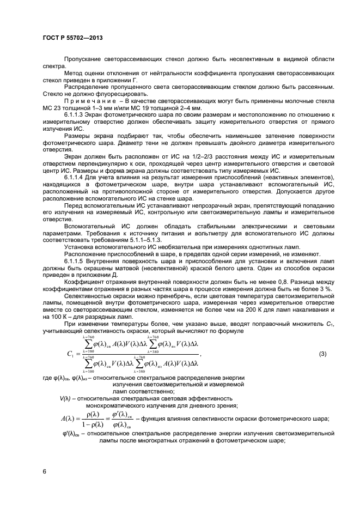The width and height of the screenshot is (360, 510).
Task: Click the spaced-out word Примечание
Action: [85, 101]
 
